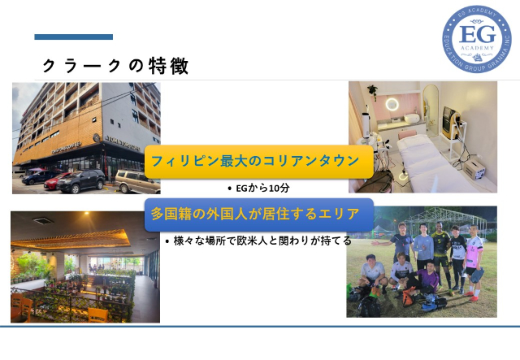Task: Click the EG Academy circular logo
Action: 477,39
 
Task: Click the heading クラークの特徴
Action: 115,66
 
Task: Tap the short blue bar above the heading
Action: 74,37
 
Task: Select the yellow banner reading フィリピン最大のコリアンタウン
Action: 259,162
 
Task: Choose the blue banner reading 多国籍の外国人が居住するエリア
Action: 259,215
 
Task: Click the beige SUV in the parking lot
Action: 137,181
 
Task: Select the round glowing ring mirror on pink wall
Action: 392,104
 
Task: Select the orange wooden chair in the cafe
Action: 98,314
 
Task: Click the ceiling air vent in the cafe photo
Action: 43,220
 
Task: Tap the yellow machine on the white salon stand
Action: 451,122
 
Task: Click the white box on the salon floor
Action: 474,169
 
